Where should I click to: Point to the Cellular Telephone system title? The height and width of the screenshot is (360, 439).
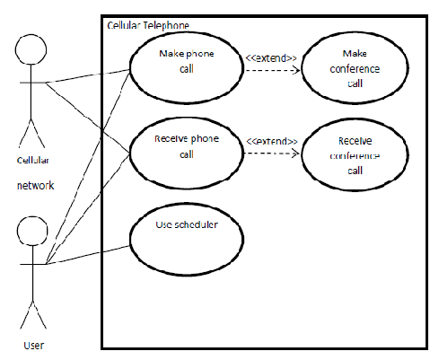148,25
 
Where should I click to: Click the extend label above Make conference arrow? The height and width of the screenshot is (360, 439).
271,57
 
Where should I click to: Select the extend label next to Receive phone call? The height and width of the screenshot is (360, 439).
272,141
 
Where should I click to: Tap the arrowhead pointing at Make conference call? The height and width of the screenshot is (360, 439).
296,70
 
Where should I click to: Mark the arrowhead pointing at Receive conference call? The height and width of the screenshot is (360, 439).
295,154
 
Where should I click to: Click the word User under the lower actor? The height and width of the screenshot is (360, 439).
34,346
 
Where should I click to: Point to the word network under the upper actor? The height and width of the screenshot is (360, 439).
36,186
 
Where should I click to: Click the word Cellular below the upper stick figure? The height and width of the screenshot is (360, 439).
33,160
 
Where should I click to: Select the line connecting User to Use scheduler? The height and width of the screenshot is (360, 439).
88,255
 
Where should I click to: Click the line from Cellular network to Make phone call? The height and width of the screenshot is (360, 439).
88,75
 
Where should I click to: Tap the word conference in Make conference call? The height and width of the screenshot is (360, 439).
355,69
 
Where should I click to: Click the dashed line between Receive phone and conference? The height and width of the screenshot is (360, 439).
271,154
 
